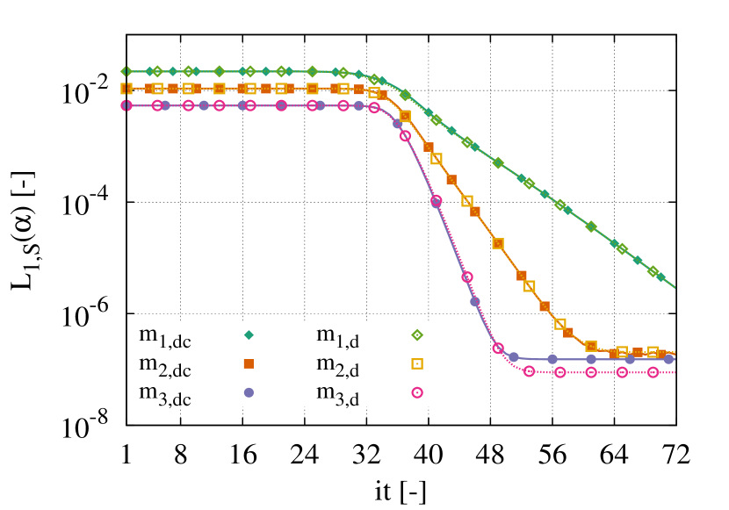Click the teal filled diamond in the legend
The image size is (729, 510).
coord(249,334)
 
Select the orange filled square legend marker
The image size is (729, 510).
coord(249,363)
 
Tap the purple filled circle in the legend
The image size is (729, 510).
coord(249,392)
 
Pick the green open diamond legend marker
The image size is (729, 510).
coord(417,334)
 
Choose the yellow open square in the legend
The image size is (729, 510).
coord(417,363)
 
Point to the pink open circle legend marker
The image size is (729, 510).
coord(417,392)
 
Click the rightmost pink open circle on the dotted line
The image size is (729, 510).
coord(653,372)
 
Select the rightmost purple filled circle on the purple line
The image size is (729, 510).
coord(668,359)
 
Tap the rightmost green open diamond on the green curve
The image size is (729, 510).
coord(653,271)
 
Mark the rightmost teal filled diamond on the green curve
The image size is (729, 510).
coord(660,277)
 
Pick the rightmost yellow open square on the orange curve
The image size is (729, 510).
coord(653,352)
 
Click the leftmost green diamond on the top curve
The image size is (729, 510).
coord(126,71)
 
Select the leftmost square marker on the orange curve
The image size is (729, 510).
coord(126,89)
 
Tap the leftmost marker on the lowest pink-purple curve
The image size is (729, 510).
coord(126,105)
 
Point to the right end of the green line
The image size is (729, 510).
coord(675,287)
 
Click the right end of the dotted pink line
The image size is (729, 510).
coord(675,372)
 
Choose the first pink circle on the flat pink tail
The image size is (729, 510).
coord(529,371)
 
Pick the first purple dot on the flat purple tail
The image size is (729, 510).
coord(514,357)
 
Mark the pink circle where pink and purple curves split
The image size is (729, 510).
coord(498,348)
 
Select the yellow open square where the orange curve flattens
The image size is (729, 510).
coord(591,347)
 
